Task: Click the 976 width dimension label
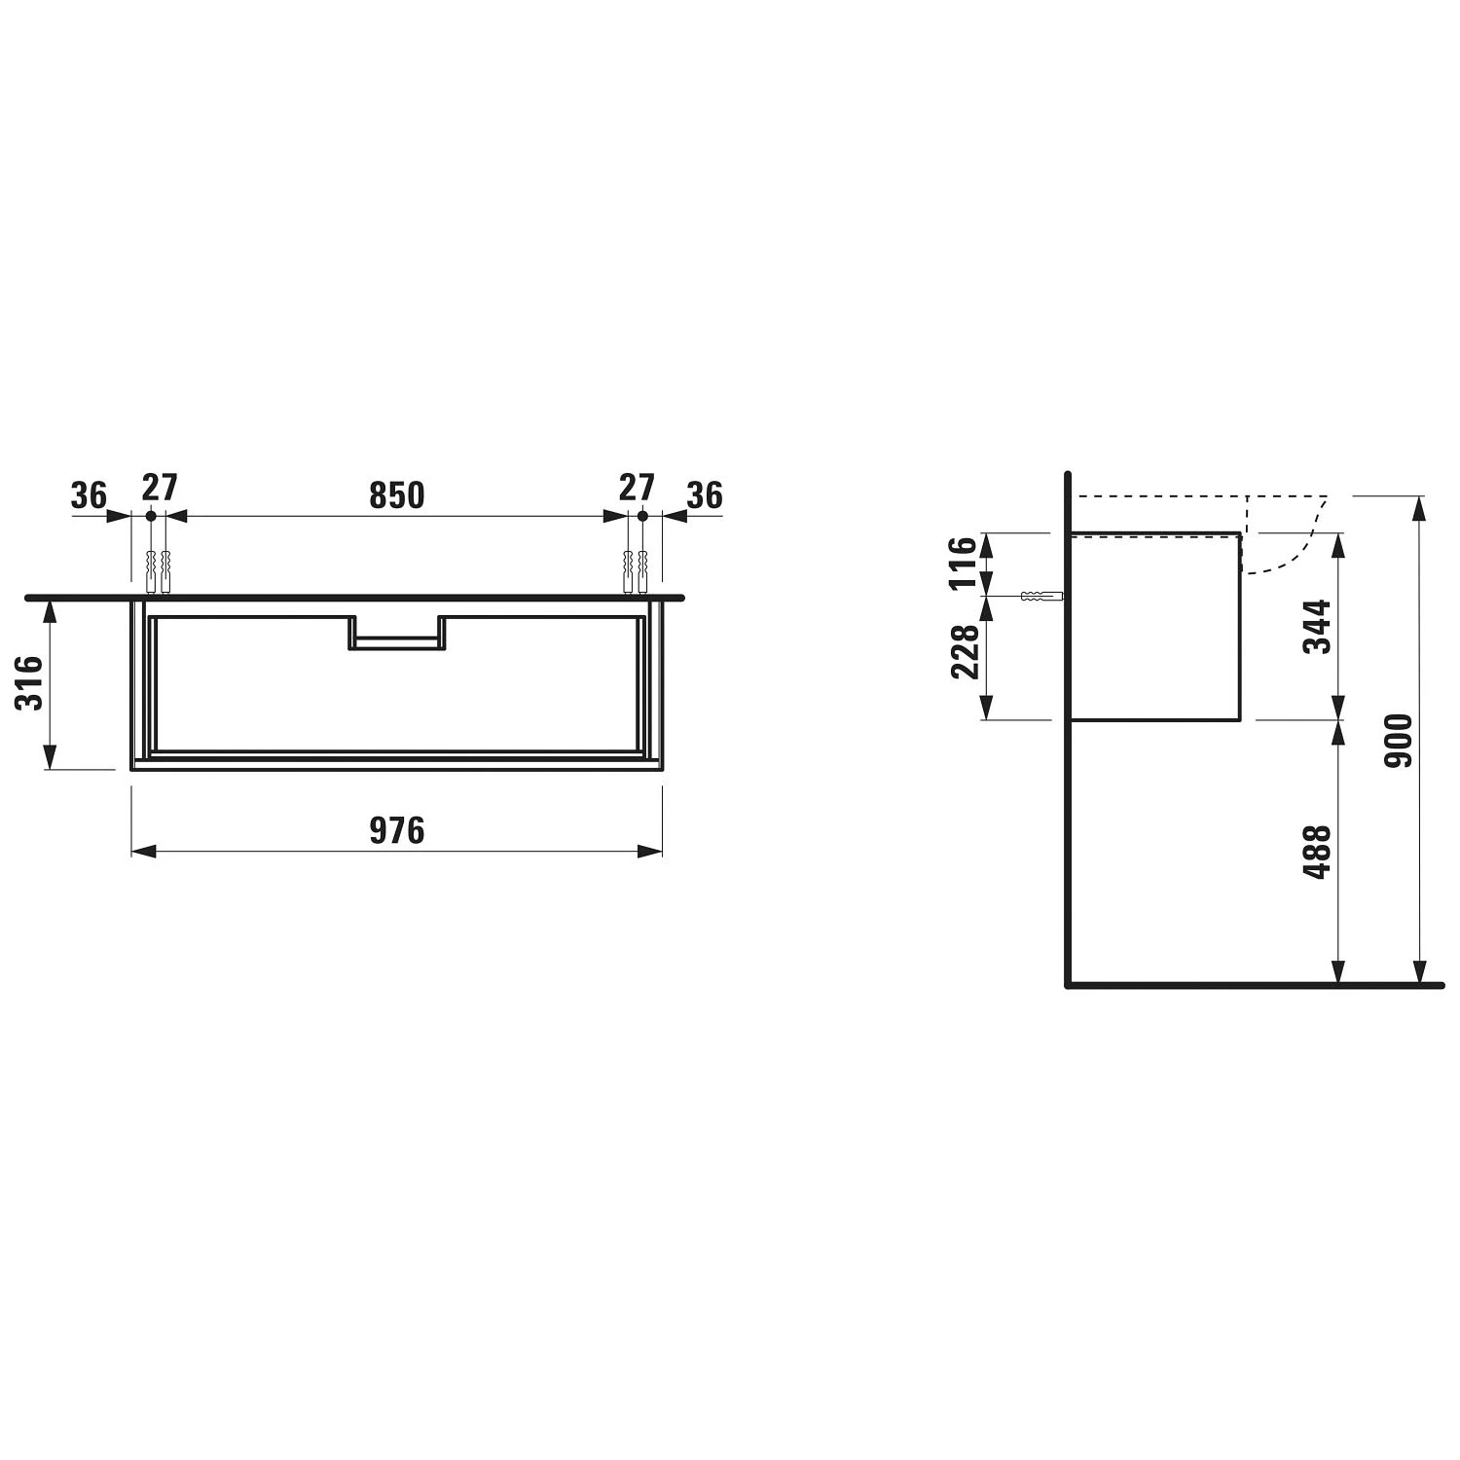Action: point(397,830)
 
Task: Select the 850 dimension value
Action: point(397,495)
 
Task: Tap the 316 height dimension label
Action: point(30,683)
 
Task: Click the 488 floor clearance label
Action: point(1317,853)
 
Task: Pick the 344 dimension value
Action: point(1317,627)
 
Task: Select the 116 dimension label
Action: point(962,564)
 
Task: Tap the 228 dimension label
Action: point(964,652)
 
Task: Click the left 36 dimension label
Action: point(89,495)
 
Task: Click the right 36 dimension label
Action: point(705,495)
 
